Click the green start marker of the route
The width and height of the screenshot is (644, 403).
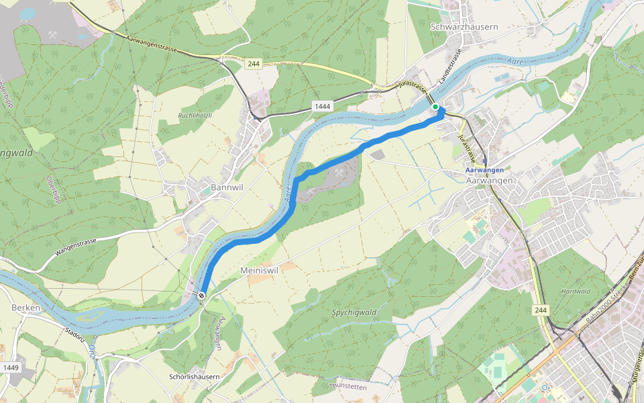pyautogui.click(x=435, y=107)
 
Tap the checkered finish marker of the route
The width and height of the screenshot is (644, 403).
pyautogui.click(x=201, y=295)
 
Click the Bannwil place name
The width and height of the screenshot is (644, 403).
pyautogui.click(x=227, y=187)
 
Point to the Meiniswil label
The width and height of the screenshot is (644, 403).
pyautogui.click(x=259, y=269)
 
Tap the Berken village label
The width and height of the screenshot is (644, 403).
pyautogui.click(x=27, y=307)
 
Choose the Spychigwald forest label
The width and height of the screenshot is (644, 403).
pyautogui.click(x=354, y=312)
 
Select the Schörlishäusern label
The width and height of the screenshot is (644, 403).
pyautogui.click(x=195, y=377)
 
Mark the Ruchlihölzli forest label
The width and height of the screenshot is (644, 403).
pyautogui.click(x=195, y=116)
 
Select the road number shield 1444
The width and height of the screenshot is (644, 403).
pyautogui.click(x=322, y=107)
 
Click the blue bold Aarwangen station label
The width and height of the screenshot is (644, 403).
pyautogui.click(x=484, y=171)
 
